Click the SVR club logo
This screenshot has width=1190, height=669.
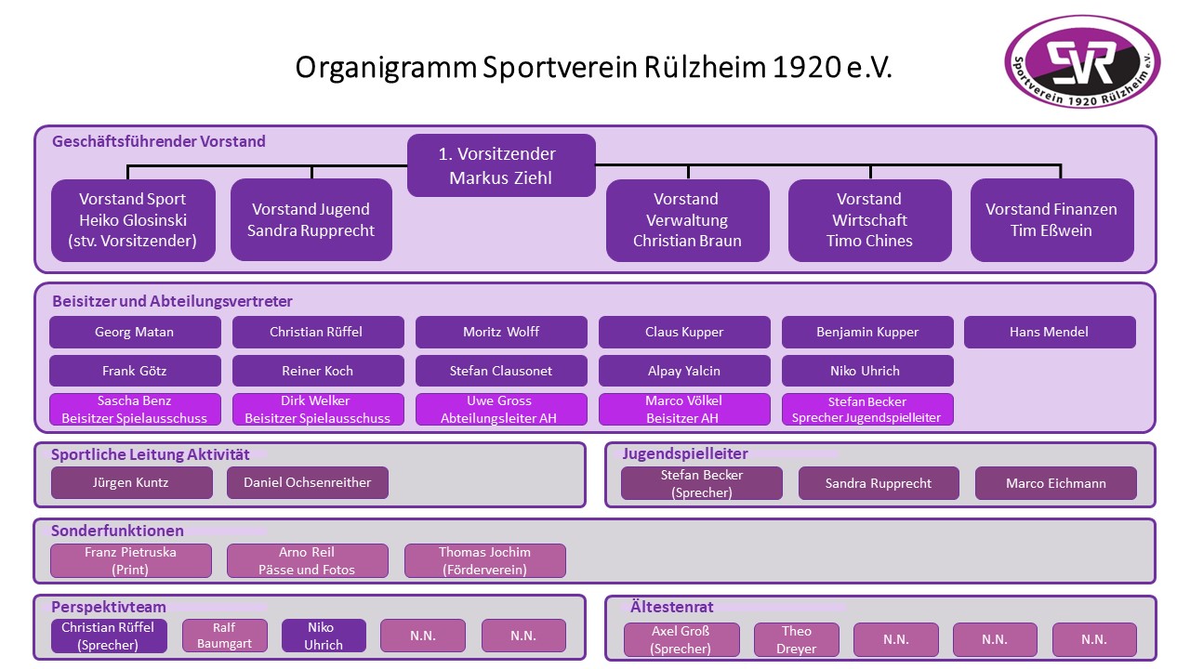point(1082,61)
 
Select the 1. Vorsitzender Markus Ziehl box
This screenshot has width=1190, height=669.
point(501,165)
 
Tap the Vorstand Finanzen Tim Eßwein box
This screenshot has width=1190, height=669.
point(1051,220)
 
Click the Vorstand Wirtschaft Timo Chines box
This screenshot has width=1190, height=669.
point(869,220)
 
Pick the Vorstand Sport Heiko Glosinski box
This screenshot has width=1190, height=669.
point(133,220)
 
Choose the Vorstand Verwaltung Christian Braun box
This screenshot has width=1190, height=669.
point(687,220)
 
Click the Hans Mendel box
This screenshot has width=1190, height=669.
point(1050,333)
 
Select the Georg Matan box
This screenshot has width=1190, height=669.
point(135,333)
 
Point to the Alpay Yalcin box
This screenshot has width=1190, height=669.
point(684,371)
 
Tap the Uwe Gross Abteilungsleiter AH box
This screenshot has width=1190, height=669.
point(501,410)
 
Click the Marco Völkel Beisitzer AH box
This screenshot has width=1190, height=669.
point(684,410)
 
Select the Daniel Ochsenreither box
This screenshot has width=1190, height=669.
point(307,482)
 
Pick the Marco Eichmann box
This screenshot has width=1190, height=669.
point(1055,483)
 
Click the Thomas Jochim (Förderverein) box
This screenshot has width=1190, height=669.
point(485,560)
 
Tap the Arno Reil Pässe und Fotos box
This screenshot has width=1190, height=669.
point(307,560)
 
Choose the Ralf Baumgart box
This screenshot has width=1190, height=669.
point(225,636)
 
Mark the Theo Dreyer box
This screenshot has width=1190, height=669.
point(797,640)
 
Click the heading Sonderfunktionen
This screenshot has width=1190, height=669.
point(117,531)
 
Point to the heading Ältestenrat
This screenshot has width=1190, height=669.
point(671,607)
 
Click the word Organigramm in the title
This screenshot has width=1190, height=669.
point(386,68)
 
